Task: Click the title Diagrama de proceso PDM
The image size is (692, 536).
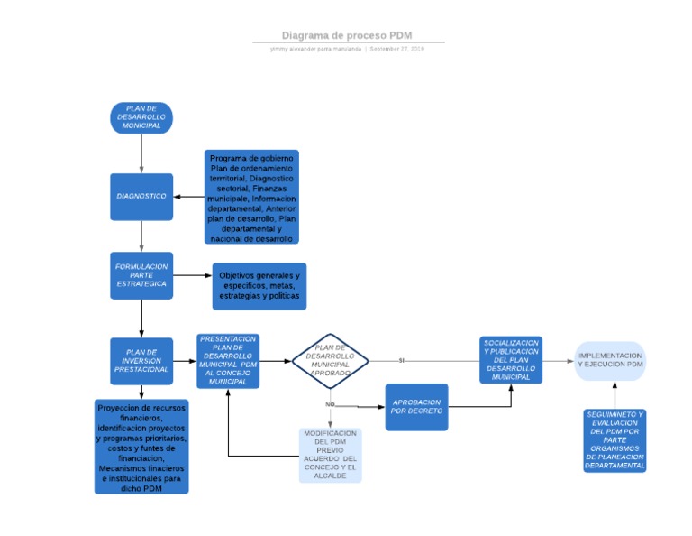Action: [347, 35]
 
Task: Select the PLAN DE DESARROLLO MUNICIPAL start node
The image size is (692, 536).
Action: [141, 118]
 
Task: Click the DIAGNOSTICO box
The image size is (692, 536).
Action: [141, 197]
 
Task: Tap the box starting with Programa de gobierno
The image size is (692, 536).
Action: [251, 198]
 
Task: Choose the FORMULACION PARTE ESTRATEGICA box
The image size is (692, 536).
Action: [141, 276]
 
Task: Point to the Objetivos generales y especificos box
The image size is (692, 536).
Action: [259, 284]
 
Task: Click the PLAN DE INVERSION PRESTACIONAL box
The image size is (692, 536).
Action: [141, 361]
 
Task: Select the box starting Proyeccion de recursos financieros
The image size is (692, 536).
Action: [141, 447]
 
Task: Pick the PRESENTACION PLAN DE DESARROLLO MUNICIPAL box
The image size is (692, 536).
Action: [228, 361]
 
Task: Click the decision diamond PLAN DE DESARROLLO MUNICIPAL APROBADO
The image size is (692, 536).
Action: [330, 361]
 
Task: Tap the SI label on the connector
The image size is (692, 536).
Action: [402, 360]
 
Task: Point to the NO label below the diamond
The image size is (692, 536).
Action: [330, 404]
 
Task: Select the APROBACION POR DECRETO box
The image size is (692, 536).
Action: [416, 407]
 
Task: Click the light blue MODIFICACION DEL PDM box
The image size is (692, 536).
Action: [331, 455]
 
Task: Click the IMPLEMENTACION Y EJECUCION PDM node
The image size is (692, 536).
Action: [611, 361]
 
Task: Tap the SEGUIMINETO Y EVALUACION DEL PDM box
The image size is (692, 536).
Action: [615, 440]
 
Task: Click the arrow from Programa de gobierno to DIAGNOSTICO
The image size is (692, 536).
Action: [188, 197]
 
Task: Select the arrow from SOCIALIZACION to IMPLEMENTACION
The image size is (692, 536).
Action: [559, 361]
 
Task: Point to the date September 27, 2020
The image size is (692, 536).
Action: [396, 49]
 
